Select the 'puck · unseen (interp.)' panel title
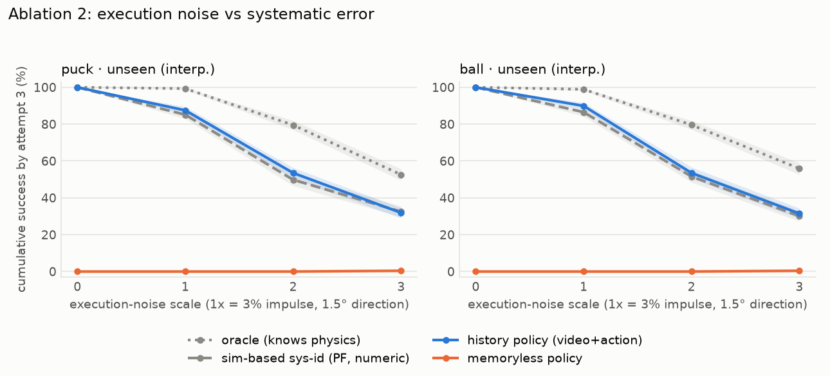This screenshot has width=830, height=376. [138, 69]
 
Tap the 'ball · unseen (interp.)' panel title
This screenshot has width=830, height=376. [533, 69]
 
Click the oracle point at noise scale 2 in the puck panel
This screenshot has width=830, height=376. [293, 125]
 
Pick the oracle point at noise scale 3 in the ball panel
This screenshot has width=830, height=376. [799, 169]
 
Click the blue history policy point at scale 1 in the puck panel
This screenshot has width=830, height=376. [186, 111]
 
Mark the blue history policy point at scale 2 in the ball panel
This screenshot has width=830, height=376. [692, 173]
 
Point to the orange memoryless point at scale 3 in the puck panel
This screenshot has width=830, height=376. [401, 271]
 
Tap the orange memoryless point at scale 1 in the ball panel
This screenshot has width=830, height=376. [584, 271]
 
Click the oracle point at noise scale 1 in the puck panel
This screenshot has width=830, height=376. [186, 89]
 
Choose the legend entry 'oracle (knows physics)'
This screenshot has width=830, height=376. [274, 340]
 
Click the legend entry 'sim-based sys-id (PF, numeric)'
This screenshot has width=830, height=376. [299, 358]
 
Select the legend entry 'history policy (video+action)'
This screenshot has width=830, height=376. [537, 340]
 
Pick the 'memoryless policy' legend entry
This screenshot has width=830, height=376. [507, 358]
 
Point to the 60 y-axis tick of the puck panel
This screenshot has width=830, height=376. [48, 161]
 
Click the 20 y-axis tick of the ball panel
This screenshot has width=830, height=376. [447, 235]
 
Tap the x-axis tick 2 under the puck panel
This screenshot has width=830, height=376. [293, 287]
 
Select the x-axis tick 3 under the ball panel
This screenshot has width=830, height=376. [799, 287]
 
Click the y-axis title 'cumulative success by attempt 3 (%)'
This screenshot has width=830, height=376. [21, 179]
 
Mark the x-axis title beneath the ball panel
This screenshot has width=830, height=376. [638, 304]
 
